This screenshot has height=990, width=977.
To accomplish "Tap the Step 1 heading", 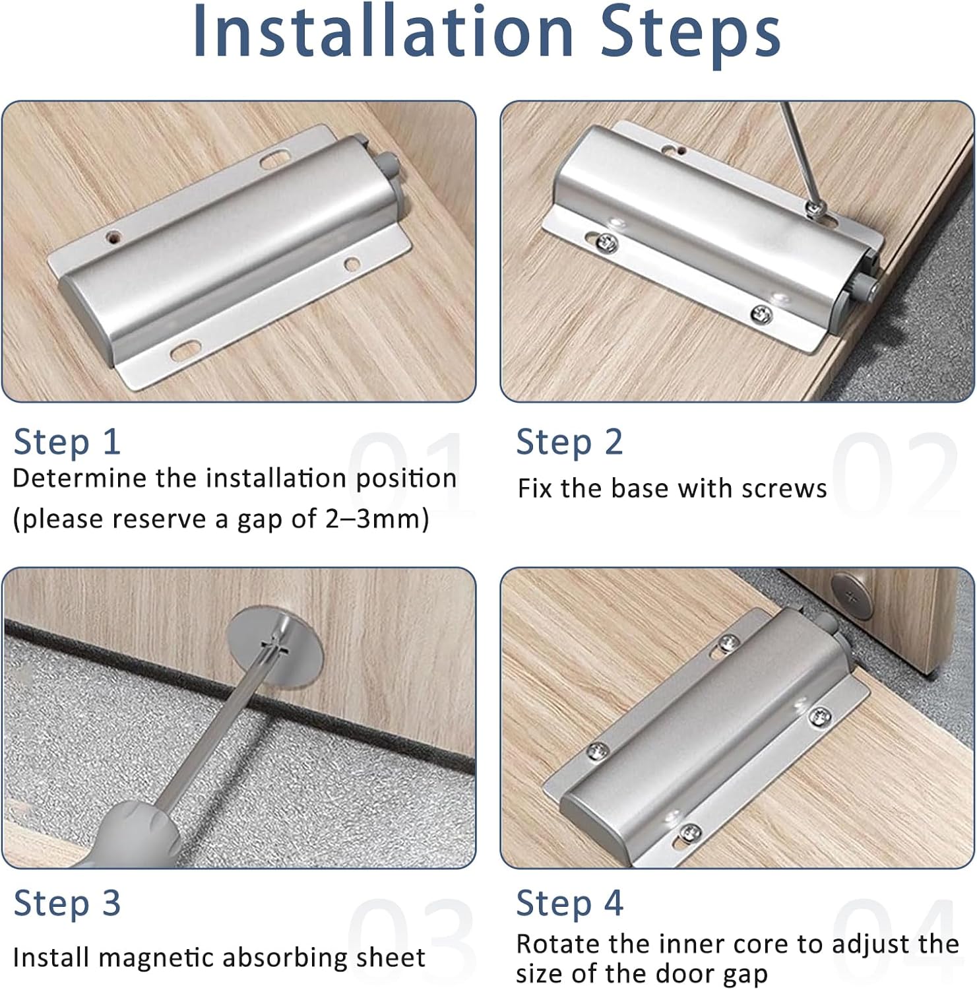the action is pos(67,442).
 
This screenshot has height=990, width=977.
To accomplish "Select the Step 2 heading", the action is pos(569,442).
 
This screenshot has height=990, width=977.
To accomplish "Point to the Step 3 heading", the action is pos(67,904).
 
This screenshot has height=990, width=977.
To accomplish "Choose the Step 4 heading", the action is pos(569,904).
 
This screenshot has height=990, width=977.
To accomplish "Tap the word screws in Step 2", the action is pos(784,489).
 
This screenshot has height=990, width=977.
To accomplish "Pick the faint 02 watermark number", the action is pos(895,473).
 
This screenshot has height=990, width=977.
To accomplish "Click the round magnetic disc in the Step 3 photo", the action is pos(278,647).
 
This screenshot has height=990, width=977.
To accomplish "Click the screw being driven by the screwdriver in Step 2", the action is pos(816,209).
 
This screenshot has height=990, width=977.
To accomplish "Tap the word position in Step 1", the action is pos(405,478).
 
